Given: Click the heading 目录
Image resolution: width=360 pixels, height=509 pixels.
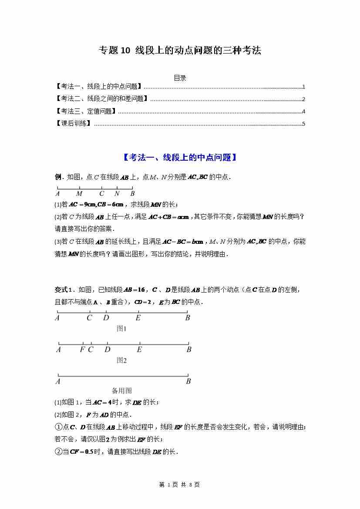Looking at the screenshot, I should point(180,78).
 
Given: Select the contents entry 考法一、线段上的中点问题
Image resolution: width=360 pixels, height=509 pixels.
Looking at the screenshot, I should point(99,87).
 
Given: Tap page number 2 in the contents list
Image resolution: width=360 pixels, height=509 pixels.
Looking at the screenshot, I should point(303,99).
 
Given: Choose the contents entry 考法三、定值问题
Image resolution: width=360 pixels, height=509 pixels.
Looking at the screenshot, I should point(86,111).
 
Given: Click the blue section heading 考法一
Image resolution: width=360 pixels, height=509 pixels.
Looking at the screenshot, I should point(180,158).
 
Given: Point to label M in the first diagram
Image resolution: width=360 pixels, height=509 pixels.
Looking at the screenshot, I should point(79,194).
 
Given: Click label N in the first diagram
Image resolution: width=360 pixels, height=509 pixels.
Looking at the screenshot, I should point(117,194).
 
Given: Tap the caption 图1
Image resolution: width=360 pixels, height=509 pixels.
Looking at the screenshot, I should point(121,329).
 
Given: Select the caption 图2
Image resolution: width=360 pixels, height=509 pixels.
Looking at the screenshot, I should point(121,361).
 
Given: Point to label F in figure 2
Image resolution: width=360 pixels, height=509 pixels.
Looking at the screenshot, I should point(82,349).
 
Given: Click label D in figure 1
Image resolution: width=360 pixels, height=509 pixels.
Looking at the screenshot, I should point(106,318).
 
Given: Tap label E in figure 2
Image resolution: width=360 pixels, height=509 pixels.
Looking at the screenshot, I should point(139,349).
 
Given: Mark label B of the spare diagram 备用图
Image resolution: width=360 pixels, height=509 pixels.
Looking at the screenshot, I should point(188,381).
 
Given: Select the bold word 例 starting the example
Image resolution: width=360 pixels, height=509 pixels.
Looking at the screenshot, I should point(57,177).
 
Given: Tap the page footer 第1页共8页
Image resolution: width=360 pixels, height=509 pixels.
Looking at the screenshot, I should point(180,485).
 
